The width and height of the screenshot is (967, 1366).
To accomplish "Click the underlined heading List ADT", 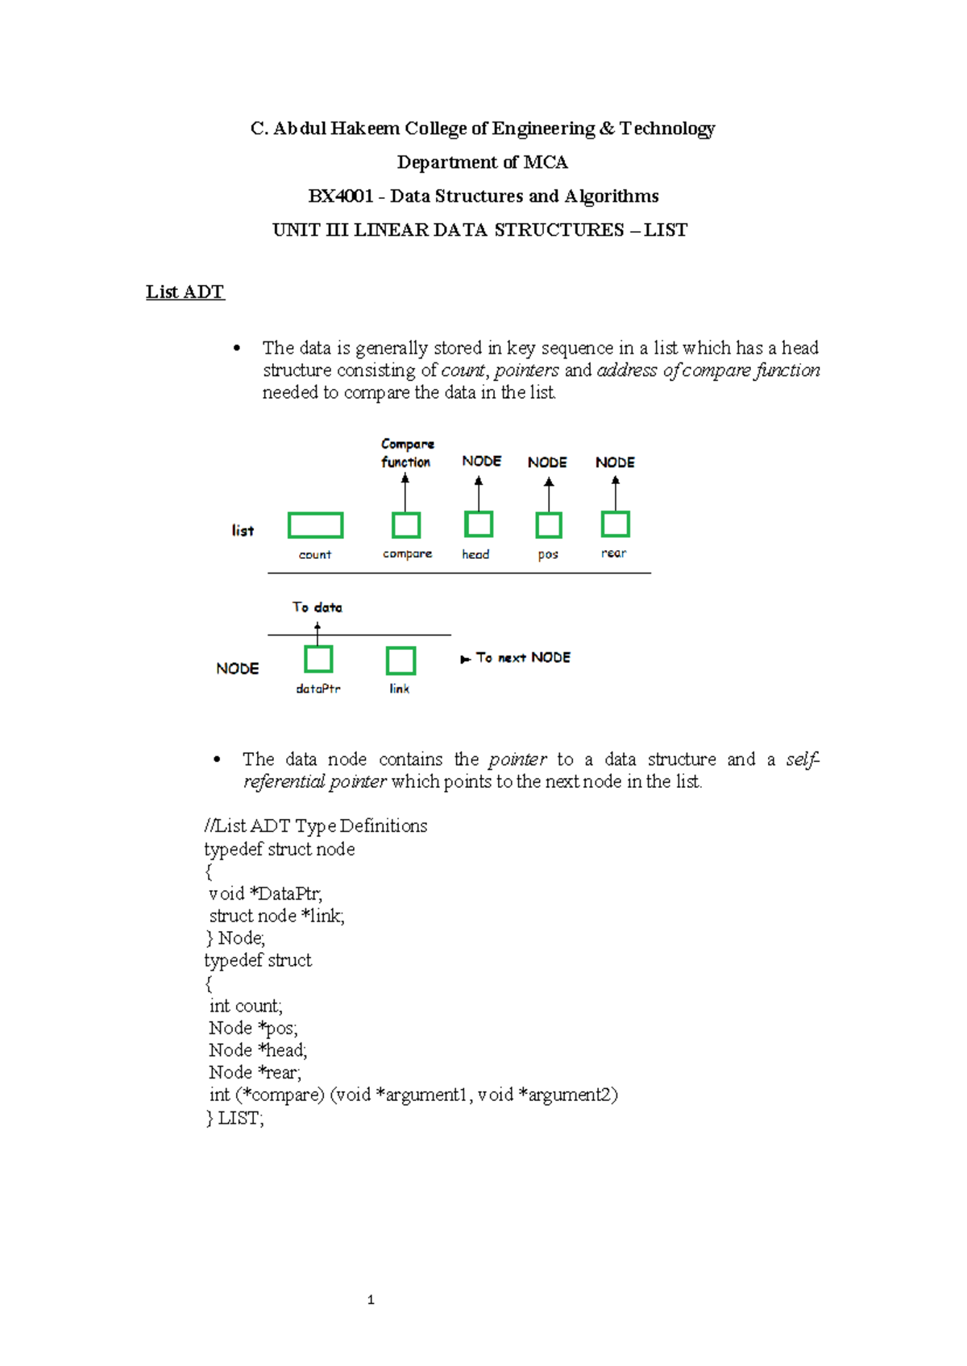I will [185, 292].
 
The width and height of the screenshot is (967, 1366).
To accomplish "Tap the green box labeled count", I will [315, 525].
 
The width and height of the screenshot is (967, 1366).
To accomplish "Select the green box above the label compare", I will [406, 525].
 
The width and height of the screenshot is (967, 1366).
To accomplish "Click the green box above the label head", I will [479, 524].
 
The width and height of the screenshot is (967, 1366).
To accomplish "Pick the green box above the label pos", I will [549, 525].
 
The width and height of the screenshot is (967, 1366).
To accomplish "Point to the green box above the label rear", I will [616, 524].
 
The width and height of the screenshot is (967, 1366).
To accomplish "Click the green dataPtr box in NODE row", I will [318, 660].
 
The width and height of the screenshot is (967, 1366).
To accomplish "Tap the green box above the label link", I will [400, 660].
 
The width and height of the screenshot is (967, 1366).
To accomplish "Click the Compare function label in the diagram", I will [407, 453].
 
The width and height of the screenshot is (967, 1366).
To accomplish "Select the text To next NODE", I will [522, 658].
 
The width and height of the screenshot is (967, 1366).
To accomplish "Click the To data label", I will [317, 607].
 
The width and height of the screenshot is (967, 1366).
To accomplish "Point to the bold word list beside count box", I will [243, 531].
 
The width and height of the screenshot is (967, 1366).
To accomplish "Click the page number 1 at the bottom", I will [371, 1299].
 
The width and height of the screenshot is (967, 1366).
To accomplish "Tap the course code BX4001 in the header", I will [341, 197].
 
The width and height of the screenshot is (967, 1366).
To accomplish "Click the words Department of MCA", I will [482, 163].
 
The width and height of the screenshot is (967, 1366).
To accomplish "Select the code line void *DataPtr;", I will [265, 893].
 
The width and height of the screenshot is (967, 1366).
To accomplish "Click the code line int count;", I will [246, 1005].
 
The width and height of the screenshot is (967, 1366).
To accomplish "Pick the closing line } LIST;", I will [234, 1118].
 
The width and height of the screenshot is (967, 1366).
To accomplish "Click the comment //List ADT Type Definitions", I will [316, 826].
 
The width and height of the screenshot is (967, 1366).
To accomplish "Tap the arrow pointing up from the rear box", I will [616, 493].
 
